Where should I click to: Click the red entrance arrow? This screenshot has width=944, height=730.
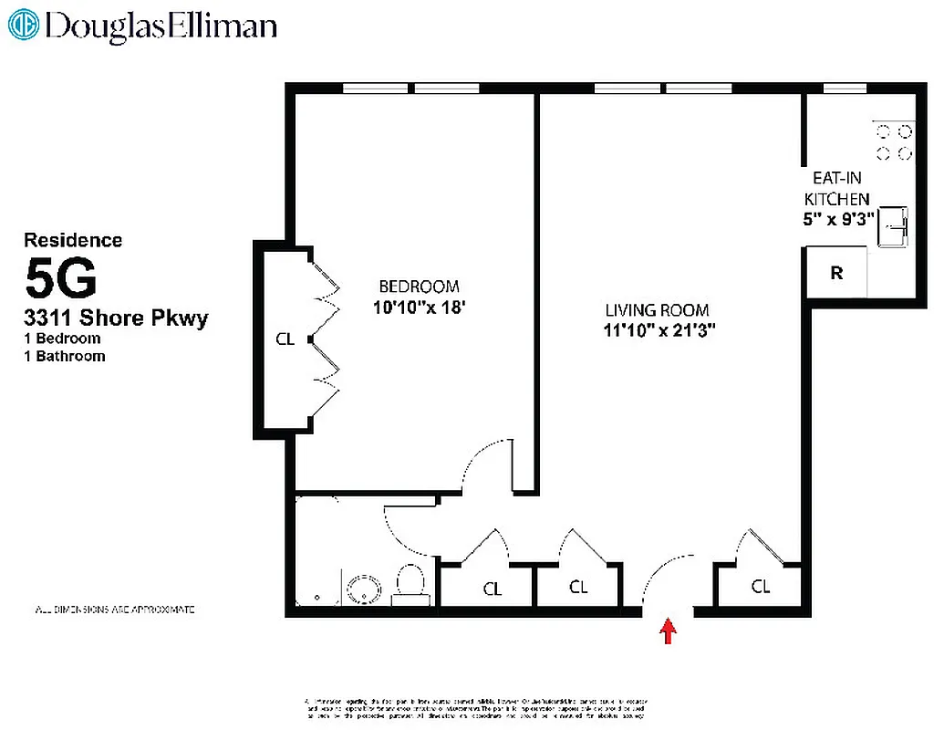tap(669, 631)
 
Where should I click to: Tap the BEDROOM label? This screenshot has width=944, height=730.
tap(420, 287)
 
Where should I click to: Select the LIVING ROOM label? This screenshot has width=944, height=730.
tap(657, 310)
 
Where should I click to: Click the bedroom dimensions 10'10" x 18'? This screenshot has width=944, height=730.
tap(420, 308)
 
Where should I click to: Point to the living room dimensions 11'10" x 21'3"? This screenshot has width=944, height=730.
tap(658, 331)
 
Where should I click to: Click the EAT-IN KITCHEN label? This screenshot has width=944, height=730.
tap(836, 189)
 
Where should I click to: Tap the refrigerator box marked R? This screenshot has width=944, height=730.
tap(835, 273)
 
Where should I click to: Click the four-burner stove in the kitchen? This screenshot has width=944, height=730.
tap(894, 141)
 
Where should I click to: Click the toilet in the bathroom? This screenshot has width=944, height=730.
tap(410, 584)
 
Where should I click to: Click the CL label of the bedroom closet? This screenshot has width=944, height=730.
tap(285, 339)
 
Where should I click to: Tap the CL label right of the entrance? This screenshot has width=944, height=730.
tap(761, 587)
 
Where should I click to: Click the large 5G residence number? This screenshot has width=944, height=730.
tap(60, 279)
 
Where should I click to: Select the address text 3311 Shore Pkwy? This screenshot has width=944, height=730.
tap(116, 318)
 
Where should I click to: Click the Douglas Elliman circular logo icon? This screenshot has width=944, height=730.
tap(22, 25)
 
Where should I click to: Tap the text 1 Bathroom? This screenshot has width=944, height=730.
tap(65, 356)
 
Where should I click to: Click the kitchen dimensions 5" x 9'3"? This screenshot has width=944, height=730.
tap(836, 219)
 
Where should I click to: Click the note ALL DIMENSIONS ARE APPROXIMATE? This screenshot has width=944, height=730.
tap(114, 609)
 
